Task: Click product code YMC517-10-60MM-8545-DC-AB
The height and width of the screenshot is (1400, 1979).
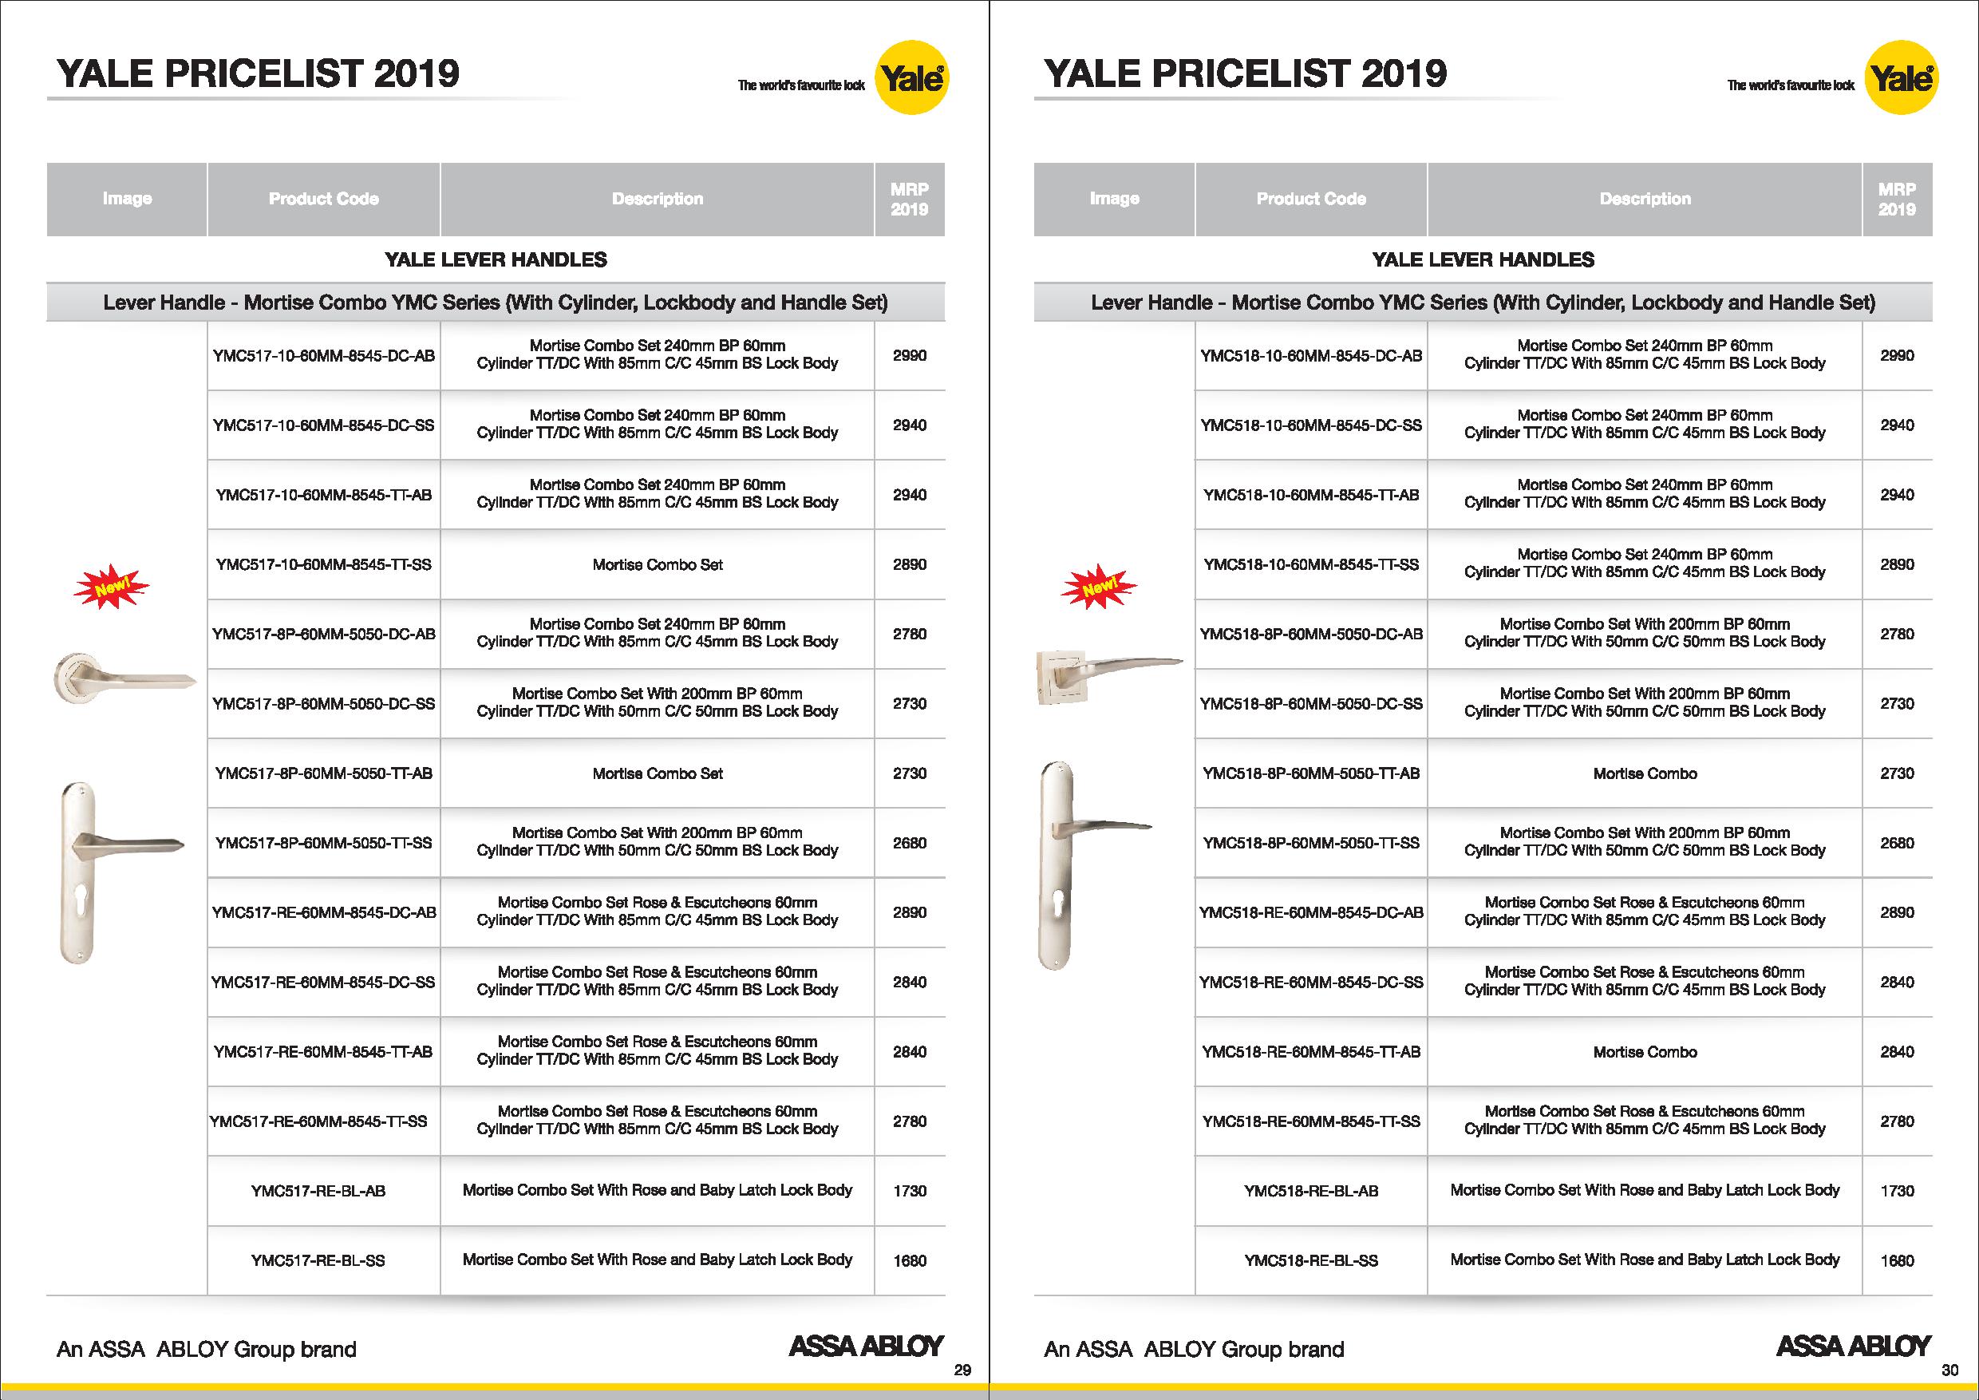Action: coord(323,355)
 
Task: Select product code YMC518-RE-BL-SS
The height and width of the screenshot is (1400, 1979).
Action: coord(1311,1260)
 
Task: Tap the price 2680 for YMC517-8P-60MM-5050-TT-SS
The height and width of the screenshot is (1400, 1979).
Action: coord(910,843)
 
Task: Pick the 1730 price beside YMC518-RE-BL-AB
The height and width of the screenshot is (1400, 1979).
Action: coord(1897,1191)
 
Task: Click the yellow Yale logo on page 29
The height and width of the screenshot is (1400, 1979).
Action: coord(912,79)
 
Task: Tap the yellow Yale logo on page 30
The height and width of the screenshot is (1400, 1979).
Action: coord(1901,79)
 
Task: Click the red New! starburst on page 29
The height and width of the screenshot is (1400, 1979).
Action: coord(111,589)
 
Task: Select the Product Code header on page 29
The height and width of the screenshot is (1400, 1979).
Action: coord(323,199)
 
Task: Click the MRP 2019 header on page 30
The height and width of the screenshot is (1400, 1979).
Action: coord(1897,199)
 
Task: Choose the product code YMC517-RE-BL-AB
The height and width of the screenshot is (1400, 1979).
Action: coord(318,1191)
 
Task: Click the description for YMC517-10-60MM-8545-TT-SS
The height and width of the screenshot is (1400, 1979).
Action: coord(658,564)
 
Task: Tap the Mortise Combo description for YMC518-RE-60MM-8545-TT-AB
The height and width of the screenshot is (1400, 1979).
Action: coord(1645,1052)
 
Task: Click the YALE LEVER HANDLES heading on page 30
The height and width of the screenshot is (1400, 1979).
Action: coord(1483,259)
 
